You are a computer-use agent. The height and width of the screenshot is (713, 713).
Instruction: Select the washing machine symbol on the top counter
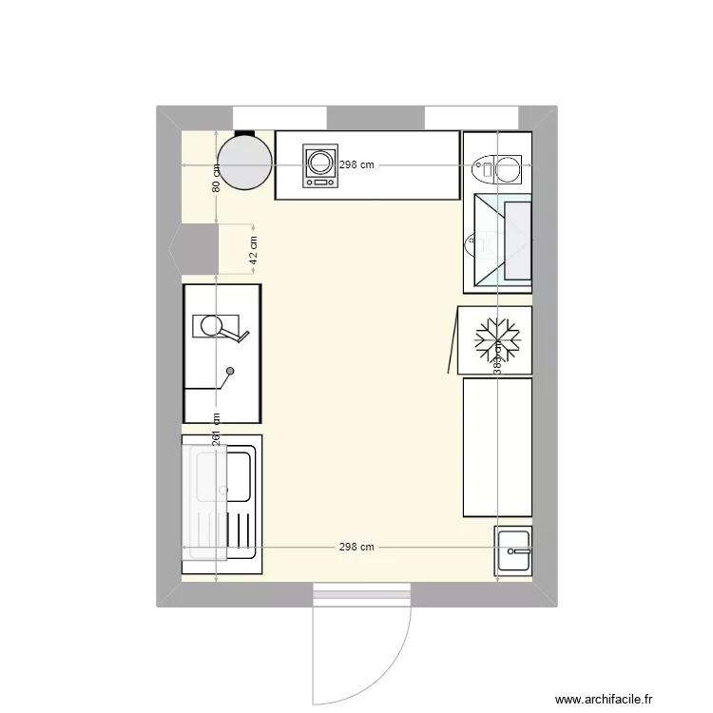[319, 165]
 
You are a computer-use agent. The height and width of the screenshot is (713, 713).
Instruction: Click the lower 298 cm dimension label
[357, 548]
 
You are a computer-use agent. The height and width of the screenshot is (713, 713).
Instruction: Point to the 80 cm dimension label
[217, 178]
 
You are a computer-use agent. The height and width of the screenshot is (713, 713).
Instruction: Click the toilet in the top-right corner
[497, 169]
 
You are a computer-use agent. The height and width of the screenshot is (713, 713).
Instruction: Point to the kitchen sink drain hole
[224, 490]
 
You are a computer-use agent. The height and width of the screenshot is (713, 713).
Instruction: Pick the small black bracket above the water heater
[244, 134]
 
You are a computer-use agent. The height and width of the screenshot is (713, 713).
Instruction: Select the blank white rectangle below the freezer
[496, 447]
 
